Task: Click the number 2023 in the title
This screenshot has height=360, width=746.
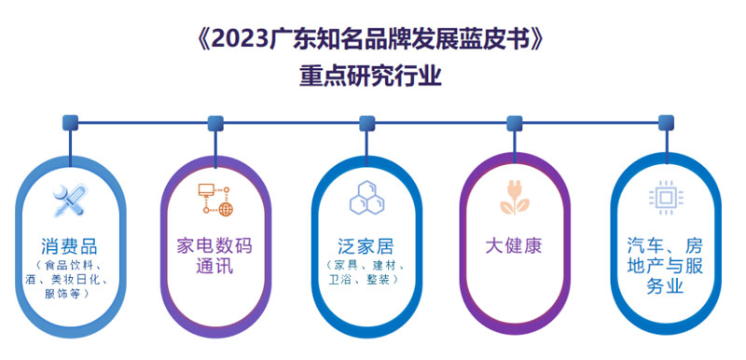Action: (x=242, y=39)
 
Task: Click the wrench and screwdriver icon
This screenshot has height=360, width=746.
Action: (x=72, y=199)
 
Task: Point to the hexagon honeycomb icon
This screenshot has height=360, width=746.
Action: (x=365, y=197)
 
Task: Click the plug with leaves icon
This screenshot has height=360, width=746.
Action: (x=514, y=198)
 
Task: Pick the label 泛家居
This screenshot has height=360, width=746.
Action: (x=365, y=247)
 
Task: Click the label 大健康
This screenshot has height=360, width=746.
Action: (x=514, y=247)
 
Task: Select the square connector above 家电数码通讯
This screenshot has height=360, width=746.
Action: (x=215, y=122)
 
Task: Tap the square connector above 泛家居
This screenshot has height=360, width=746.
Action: (x=366, y=122)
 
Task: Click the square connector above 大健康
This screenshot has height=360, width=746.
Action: (x=514, y=122)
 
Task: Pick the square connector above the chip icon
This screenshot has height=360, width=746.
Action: (x=664, y=122)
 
